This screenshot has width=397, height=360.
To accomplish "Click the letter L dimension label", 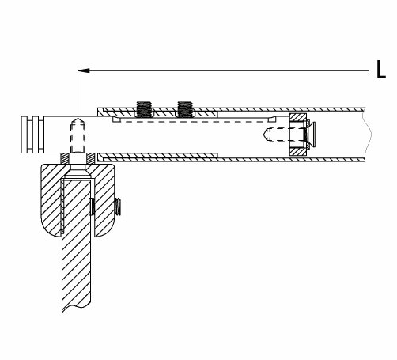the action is [381, 70].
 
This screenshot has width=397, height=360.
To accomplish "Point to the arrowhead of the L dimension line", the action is [84, 70].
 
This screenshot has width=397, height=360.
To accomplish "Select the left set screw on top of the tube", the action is [144, 109].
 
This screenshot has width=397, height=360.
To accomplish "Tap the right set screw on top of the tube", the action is [185, 109].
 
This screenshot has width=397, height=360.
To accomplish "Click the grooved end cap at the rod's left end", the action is [32, 135].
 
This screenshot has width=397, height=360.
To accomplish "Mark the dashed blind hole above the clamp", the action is [78, 135].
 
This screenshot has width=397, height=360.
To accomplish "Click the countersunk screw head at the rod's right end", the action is [311, 135].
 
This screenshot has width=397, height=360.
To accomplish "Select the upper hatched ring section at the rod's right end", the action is [298, 118].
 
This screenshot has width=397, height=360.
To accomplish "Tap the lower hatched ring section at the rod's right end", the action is [298, 151].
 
